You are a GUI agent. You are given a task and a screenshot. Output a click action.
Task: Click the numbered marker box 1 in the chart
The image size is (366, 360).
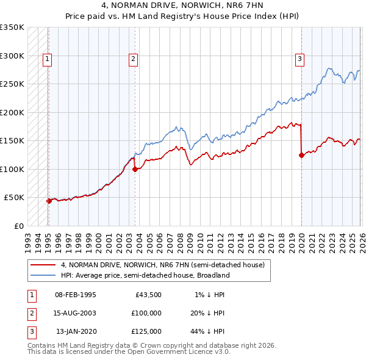pos(47,59)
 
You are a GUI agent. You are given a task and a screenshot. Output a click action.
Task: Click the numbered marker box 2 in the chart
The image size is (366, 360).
pos(133,59)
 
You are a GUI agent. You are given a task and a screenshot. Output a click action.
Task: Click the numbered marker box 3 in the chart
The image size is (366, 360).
pos(300,59)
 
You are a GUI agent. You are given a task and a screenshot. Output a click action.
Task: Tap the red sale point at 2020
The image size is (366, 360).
pos(301,155)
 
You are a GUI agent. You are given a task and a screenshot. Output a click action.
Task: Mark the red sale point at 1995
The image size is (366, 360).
pos(49,201)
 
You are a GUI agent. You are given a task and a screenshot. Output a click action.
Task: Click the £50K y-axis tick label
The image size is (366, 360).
pos(14,198)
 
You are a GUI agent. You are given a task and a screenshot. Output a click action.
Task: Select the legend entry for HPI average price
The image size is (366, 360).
pos(145,275)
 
